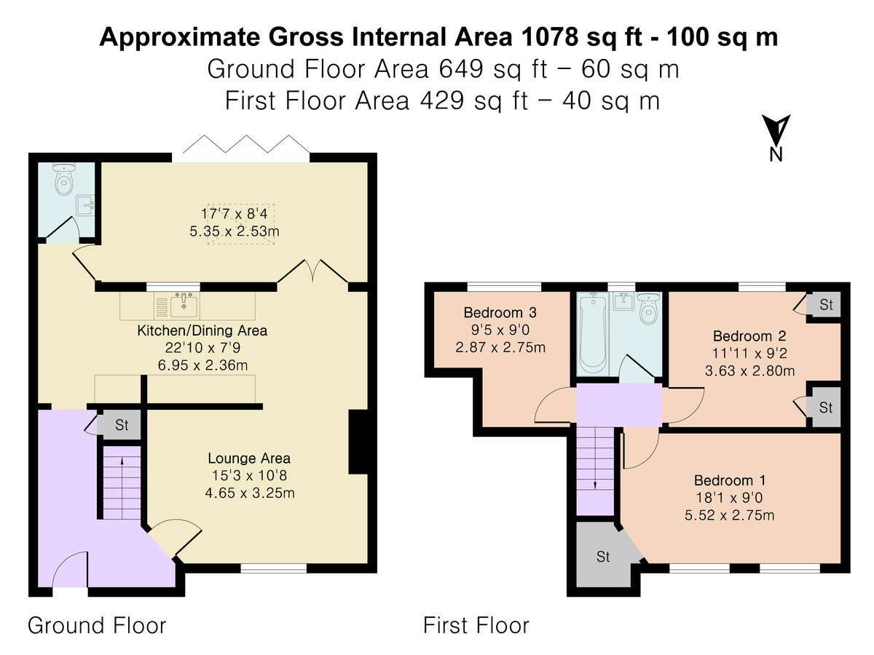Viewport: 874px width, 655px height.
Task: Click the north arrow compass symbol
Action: coord(776,132)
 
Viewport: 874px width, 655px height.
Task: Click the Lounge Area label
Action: coord(249,458)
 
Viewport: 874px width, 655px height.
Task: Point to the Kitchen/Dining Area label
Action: coord(202,330)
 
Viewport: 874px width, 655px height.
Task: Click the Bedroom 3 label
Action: coord(500,313)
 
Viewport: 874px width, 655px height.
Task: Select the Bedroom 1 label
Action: coord(731,480)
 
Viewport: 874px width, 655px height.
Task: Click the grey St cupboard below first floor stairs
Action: coord(603,557)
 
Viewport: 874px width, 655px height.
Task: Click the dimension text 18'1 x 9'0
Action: coord(731,499)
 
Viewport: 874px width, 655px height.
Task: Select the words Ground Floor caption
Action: coord(97,625)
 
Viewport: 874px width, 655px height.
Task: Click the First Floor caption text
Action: coord(476,625)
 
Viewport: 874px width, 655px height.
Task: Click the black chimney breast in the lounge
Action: coord(359,442)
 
